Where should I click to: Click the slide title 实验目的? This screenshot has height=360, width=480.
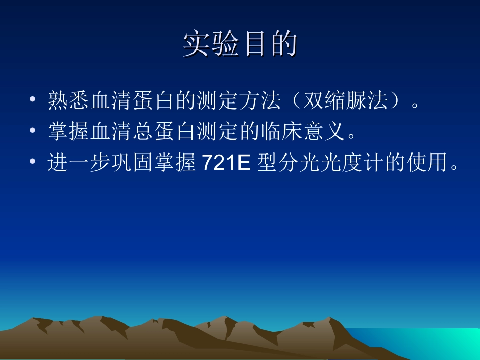click(x=239, y=45)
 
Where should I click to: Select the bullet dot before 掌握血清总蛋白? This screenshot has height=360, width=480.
click(x=33, y=132)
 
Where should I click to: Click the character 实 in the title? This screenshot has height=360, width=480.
click(x=197, y=45)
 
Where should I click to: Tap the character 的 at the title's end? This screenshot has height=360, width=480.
click(x=282, y=45)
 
